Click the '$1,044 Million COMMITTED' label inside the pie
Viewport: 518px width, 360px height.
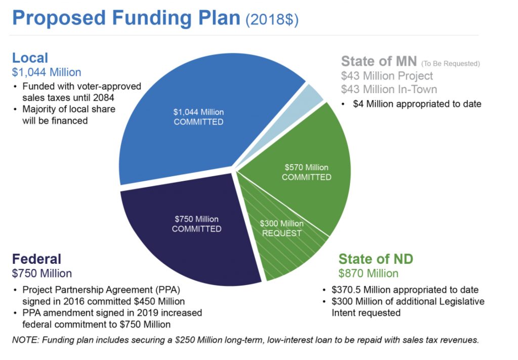pos(198,116)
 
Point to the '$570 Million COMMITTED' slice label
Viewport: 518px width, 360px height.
pos(307,172)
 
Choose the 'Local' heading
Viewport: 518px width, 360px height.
pos(30,58)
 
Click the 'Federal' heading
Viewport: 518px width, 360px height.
pos(36,259)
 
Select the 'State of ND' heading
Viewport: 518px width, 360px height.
pos(376,259)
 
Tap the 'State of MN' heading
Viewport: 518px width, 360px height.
pos(379,61)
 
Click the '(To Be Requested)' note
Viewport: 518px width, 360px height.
pos(450,63)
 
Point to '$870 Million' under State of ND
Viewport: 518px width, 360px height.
pos(368,273)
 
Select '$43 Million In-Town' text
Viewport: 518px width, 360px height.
pos(389,89)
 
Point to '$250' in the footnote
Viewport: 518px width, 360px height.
pos(184,340)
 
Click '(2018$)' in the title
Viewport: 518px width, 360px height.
pos(272,20)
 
